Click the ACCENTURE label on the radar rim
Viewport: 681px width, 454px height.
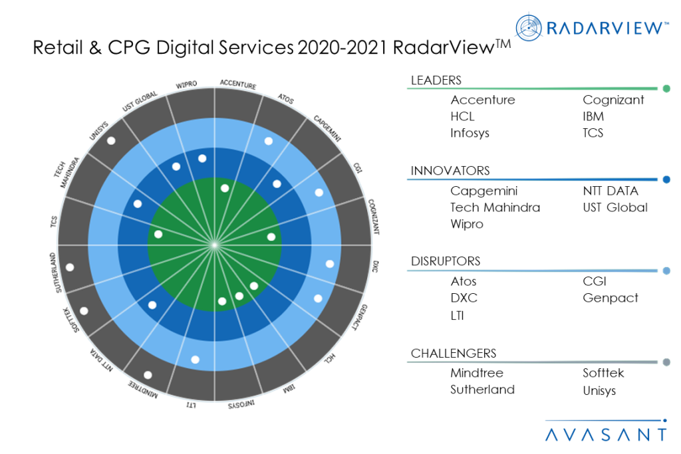point(238,84)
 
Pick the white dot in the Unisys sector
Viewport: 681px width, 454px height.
point(111,140)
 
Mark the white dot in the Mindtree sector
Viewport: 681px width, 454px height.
point(148,375)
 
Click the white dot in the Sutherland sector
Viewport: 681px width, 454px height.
point(70,267)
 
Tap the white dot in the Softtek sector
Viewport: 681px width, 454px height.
point(84,310)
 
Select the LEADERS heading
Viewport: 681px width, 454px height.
point(436,80)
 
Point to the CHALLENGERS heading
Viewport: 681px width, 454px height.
point(454,354)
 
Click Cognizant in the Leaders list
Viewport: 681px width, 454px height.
point(613,100)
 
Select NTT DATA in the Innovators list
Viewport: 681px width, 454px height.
point(611,191)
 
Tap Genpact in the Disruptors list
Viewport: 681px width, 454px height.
point(611,298)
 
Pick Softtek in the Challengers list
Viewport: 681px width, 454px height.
point(603,373)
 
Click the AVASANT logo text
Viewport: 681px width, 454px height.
point(605,435)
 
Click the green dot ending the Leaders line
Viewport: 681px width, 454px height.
point(666,88)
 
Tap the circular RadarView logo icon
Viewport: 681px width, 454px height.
point(529,27)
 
